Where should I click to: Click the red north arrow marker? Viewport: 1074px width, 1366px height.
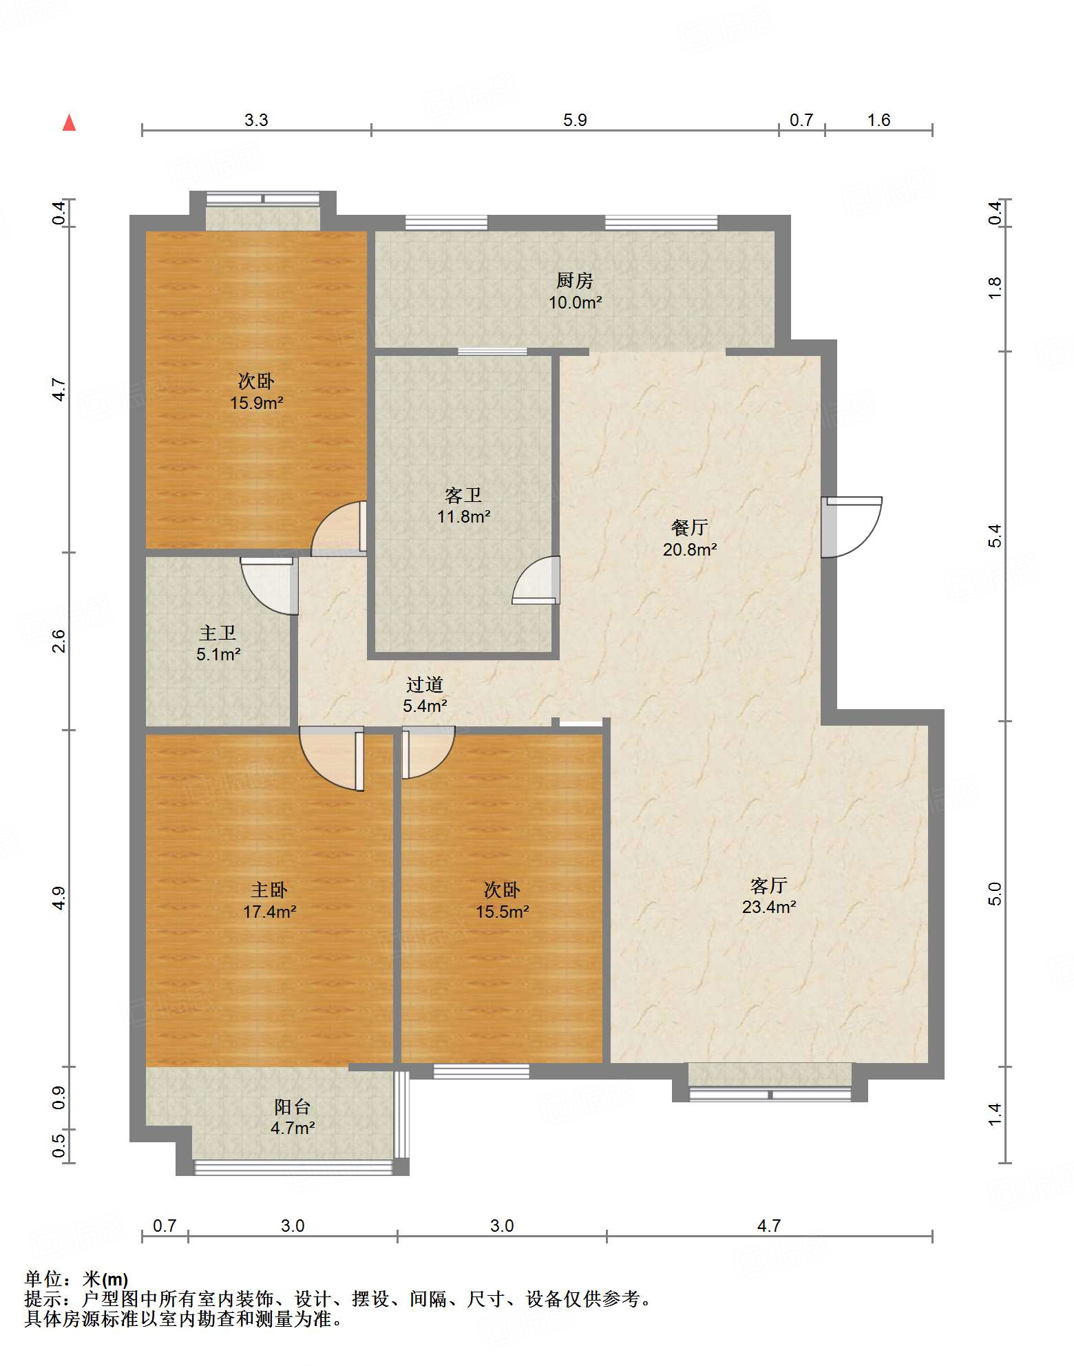(69, 123)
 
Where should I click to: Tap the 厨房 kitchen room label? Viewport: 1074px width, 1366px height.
(575, 280)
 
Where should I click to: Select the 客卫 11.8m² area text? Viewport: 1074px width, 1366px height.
(463, 516)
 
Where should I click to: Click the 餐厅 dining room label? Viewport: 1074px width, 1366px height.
(690, 527)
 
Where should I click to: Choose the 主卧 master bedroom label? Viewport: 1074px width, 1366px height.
(269, 890)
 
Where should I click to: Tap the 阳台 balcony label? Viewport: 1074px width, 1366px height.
(293, 1106)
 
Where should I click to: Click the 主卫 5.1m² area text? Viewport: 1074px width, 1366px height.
(218, 654)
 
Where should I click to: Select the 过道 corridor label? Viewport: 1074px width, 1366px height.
(425, 684)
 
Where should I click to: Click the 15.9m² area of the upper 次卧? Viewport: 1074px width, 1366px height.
(257, 403)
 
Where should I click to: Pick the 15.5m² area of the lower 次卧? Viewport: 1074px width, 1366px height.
(503, 912)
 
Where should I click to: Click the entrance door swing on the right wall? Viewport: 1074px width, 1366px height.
(852, 527)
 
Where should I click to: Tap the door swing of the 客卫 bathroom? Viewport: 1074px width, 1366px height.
(536, 580)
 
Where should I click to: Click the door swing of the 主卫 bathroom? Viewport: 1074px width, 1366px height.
(269, 586)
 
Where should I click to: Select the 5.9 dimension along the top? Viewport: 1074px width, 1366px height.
(575, 120)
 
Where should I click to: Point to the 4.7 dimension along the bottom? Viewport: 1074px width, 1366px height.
(769, 1226)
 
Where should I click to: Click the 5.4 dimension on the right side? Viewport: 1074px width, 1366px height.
(995, 536)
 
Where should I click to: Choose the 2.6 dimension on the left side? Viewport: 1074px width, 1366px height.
(59, 641)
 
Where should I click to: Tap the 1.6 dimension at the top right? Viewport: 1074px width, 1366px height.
(878, 120)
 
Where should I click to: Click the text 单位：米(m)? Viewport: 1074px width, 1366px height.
(76, 1279)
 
